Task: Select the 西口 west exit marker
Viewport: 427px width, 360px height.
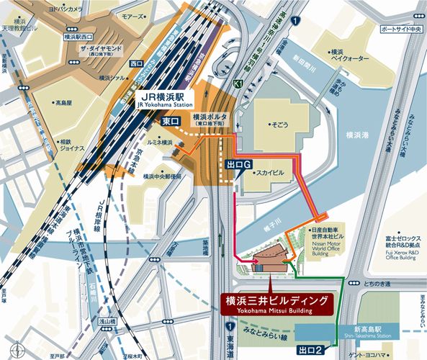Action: (x=138, y=64)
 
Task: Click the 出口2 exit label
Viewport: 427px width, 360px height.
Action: (x=311, y=350)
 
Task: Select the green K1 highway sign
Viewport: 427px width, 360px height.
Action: (x=238, y=85)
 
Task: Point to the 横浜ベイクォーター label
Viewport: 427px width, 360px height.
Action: (x=346, y=57)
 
